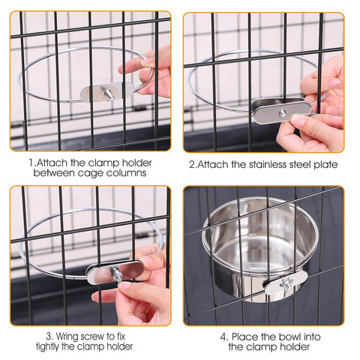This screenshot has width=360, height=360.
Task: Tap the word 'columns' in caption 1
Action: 124,172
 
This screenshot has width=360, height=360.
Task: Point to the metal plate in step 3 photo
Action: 115,271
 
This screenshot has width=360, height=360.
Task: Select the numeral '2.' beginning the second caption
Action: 192,164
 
